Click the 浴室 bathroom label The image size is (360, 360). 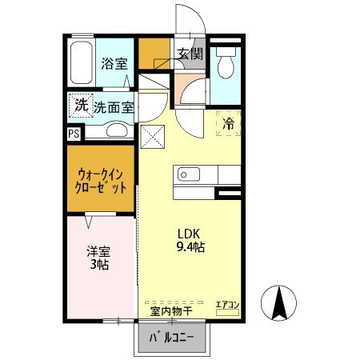click(x=114, y=64)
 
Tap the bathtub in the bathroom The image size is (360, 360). click(x=82, y=62)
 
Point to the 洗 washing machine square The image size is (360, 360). click(x=81, y=104)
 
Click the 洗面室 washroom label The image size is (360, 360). click(x=113, y=106)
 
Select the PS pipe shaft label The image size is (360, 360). click(x=74, y=134)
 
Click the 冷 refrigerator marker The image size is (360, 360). click(x=228, y=124)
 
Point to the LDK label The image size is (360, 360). click(x=187, y=234)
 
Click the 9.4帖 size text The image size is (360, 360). click(x=191, y=247)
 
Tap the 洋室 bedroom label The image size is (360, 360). click(x=98, y=251)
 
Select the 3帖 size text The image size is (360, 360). click(x=99, y=265)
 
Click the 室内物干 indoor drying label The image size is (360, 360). click(x=170, y=310)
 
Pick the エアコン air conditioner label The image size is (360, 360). click(x=228, y=305)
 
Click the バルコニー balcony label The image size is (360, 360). click(x=174, y=338)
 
